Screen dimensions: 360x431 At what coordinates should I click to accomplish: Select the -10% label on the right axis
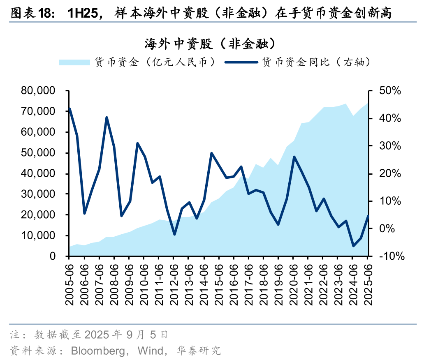(x=388, y=256)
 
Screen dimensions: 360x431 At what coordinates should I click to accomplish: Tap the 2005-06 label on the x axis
(x=70, y=284)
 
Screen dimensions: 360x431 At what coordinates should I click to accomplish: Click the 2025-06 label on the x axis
(x=368, y=284)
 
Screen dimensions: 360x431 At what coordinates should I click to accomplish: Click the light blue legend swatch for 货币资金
(x=74, y=62)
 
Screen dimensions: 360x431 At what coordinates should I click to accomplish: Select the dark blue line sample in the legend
(x=241, y=62)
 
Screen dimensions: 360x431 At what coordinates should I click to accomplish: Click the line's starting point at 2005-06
(x=70, y=108)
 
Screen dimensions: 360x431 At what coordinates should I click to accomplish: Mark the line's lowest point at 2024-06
(x=353, y=246)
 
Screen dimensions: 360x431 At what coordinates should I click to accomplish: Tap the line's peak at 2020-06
(x=294, y=157)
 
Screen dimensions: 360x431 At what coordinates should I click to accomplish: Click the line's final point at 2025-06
(x=368, y=216)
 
